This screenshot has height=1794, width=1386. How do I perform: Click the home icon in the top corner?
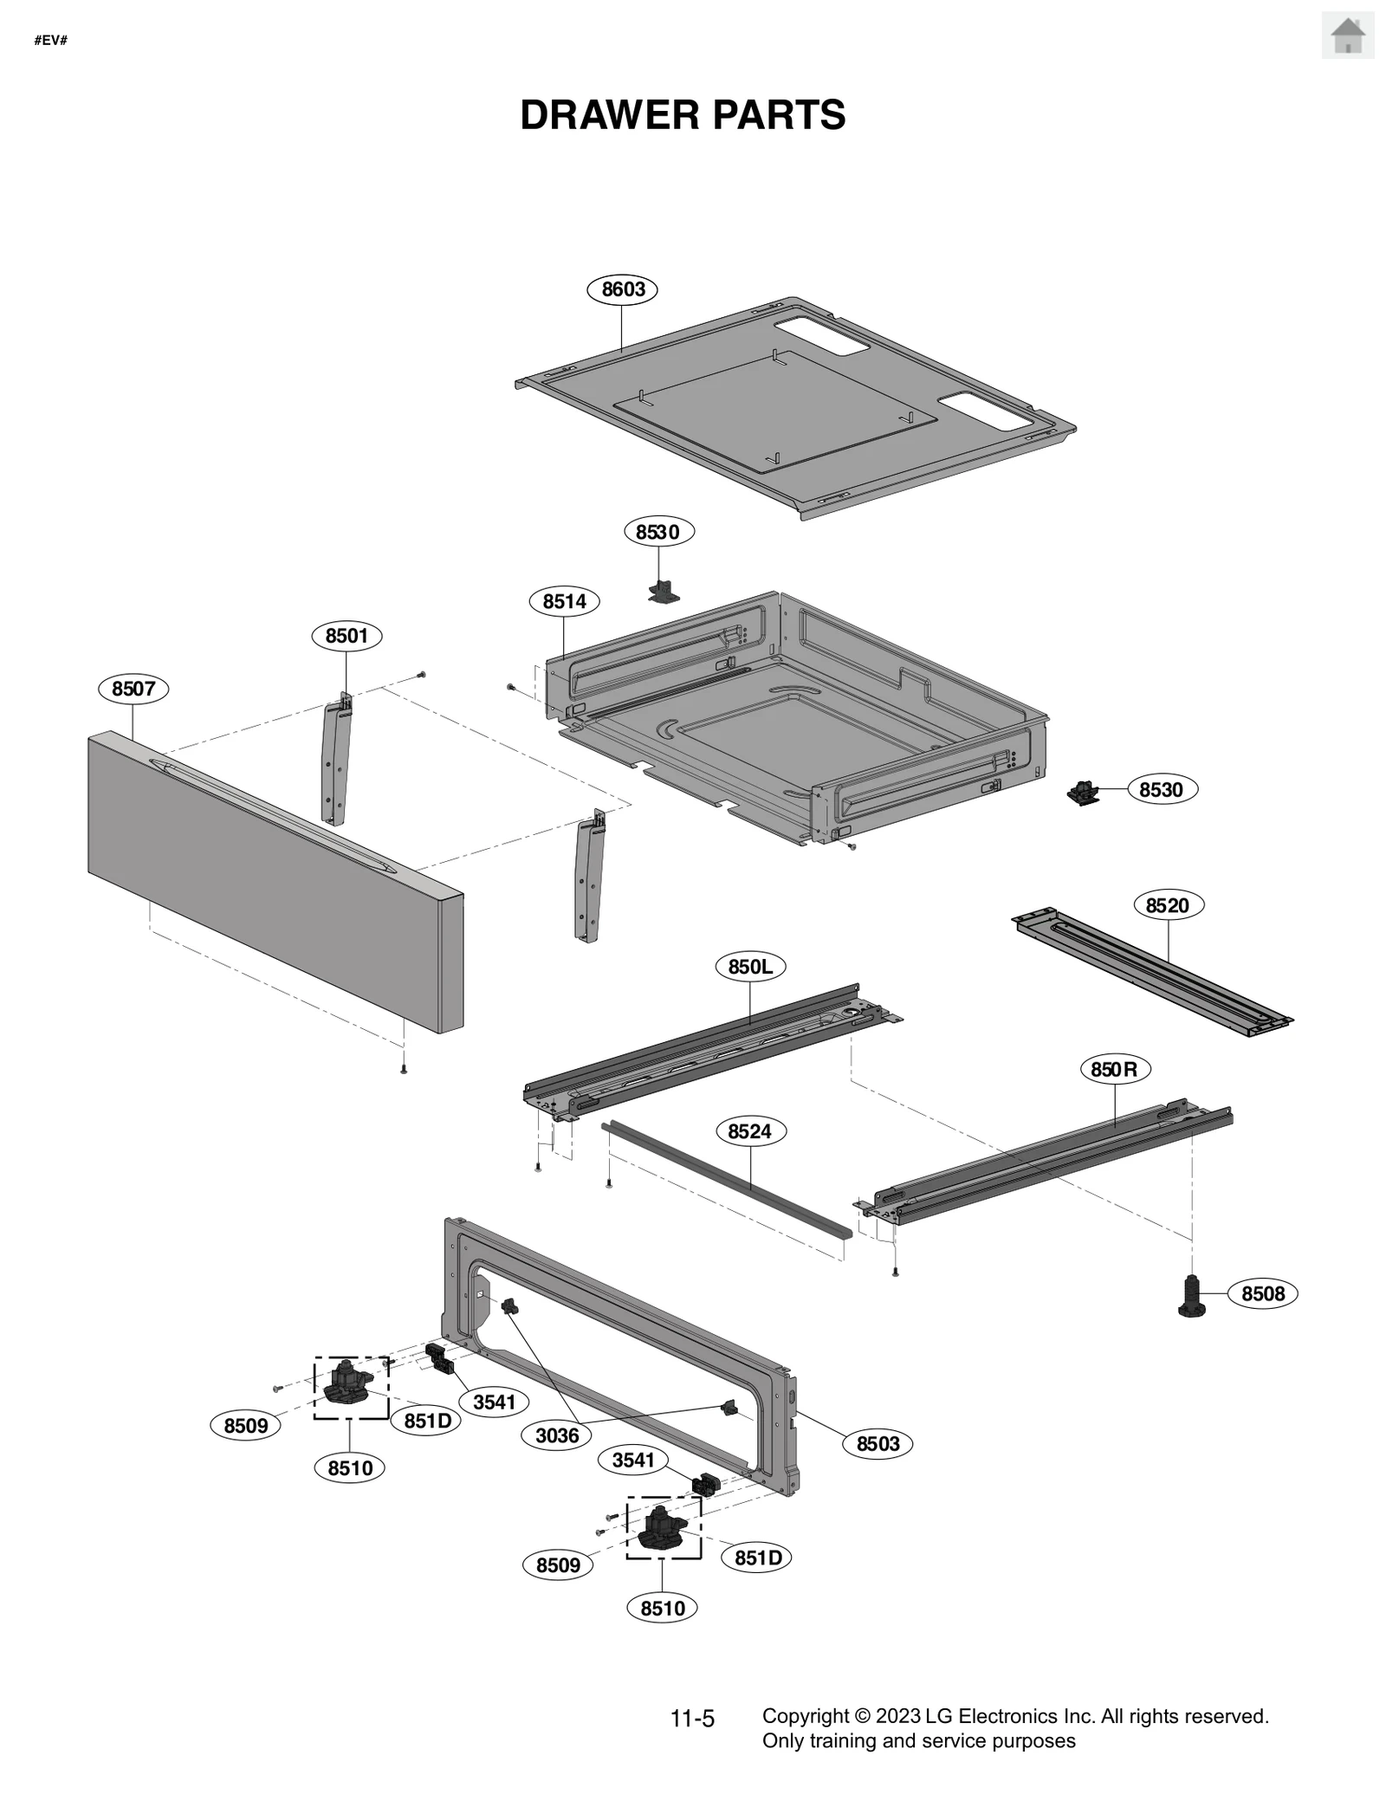tap(1347, 36)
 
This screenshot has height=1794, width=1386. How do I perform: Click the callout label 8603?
tap(622, 289)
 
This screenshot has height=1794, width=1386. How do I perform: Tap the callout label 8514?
tap(564, 601)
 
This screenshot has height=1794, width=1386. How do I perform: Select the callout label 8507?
tap(133, 689)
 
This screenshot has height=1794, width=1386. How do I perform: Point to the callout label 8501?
tap(346, 636)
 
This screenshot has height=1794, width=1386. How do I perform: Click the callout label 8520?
tap(1167, 905)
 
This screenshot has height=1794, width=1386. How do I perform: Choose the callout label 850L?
tap(750, 967)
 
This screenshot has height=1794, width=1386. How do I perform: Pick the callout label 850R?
tap(1114, 1070)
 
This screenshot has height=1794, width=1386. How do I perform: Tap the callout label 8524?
tap(749, 1131)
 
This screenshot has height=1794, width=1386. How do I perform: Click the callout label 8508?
tap(1262, 1294)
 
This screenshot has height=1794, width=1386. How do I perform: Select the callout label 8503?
tap(878, 1444)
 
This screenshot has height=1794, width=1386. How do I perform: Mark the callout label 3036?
tap(556, 1435)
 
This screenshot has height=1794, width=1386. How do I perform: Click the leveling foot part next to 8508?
tap(1193, 1297)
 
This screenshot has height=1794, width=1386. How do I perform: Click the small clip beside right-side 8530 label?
tap(1082, 792)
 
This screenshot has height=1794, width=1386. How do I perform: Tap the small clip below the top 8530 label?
tap(664, 592)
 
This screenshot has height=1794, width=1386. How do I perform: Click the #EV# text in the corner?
tap(50, 41)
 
